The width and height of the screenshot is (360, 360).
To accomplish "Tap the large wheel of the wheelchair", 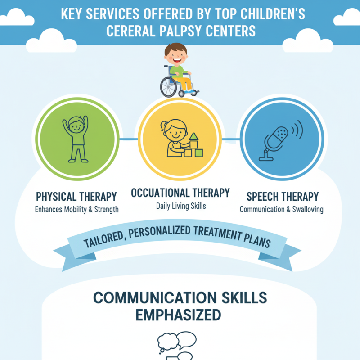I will pyautogui.click(x=169, y=85).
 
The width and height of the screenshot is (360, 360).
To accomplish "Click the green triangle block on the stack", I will pyautogui.click(x=194, y=137).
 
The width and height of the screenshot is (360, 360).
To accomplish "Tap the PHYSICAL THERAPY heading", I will pyautogui.click(x=76, y=197).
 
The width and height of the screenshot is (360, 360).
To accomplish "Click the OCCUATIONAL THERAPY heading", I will pyautogui.click(x=180, y=193).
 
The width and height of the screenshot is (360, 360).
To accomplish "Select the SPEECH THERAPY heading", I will pyautogui.click(x=283, y=197).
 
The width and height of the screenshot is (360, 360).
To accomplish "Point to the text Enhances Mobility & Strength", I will pyautogui.click(x=76, y=209).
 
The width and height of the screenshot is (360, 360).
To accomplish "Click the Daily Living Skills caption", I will pyautogui.click(x=180, y=206).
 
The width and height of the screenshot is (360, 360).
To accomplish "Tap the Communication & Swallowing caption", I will pyautogui.click(x=281, y=209).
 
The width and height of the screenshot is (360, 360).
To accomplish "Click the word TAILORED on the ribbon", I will pyautogui.click(x=105, y=239).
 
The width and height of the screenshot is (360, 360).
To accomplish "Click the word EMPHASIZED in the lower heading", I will pyautogui.click(x=180, y=315).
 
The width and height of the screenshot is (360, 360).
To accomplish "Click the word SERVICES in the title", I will pyautogui.click(x=118, y=14).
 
